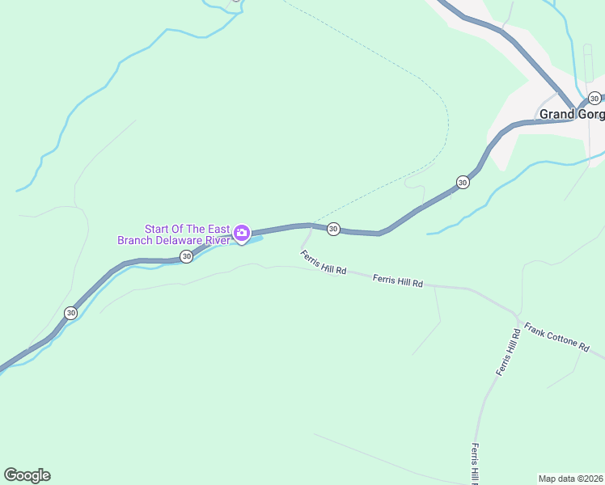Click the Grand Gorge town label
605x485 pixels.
pyautogui.click(x=571, y=114)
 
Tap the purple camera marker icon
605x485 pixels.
pyautogui.click(x=241, y=234)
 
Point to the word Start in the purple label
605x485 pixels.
pyautogui.click(x=159, y=229)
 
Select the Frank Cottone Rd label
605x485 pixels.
pyautogui.click(x=556, y=335)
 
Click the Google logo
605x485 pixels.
pyautogui.click(x=27, y=475)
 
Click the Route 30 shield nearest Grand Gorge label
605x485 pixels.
pyautogui.click(x=594, y=99)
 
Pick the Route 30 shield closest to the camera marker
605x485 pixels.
pyautogui.click(x=186, y=256)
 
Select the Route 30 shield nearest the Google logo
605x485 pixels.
pyautogui.click(x=71, y=313)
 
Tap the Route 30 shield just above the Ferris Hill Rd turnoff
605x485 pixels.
pyautogui.click(x=333, y=230)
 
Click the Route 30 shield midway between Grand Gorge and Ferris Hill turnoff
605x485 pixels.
pyautogui.click(x=462, y=182)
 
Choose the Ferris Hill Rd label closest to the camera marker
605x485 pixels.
pyautogui.click(x=323, y=263)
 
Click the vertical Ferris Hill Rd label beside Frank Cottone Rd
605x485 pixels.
pyautogui.click(x=506, y=352)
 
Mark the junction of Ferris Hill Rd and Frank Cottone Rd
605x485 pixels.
pyautogui.click(x=518, y=315)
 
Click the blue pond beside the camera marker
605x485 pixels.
pyautogui.click(x=252, y=239)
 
